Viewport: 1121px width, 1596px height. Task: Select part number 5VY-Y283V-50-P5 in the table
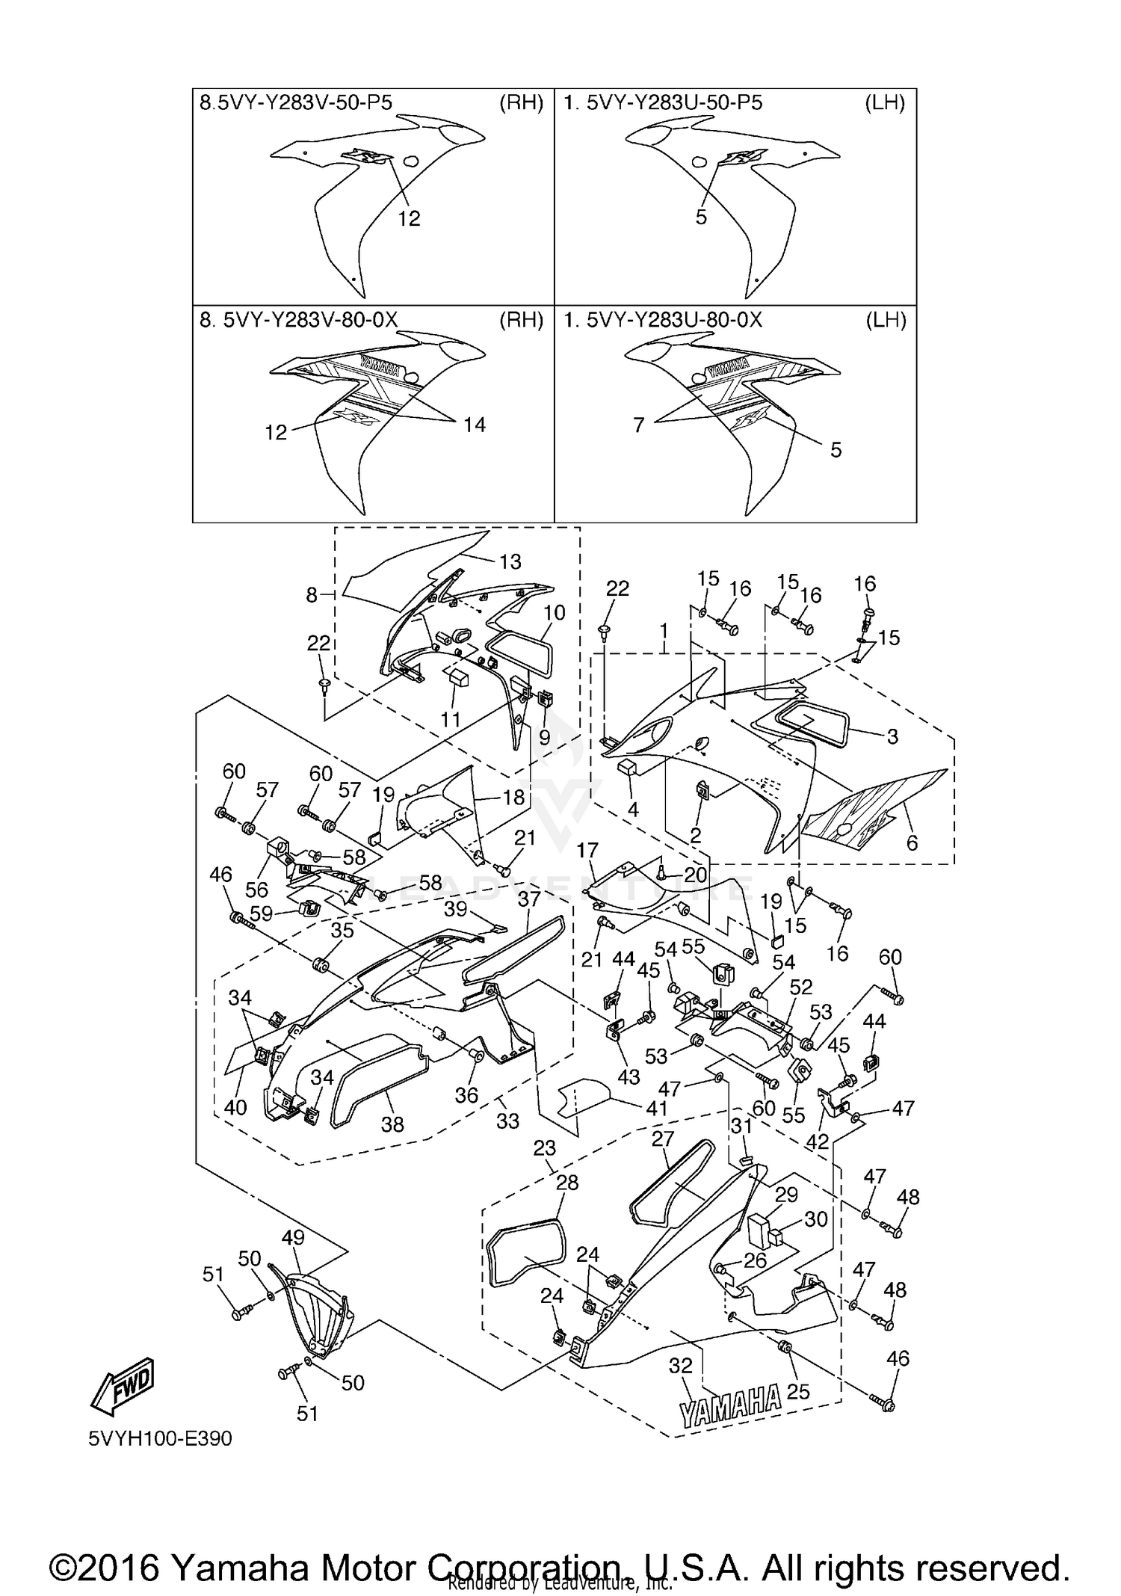click(x=302, y=103)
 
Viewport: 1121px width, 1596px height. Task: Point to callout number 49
click(x=293, y=1237)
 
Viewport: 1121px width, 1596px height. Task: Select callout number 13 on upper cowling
click(x=510, y=561)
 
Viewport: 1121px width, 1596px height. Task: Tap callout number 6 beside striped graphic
click(x=911, y=842)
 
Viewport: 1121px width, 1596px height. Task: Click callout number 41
click(x=655, y=1107)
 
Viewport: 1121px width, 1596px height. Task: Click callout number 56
click(x=256, y=889)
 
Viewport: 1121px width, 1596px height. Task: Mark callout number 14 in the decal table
click(x=475, y=425)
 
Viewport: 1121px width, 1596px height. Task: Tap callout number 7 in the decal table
click(x=638, y=425)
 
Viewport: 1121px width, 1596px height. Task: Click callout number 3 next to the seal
click(x=892, y=736)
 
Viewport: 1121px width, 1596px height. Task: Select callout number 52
click(x=800, y=987)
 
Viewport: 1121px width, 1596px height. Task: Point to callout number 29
click(x=786, y=1195)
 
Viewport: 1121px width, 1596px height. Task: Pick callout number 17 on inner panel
click(x=587, y=851)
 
